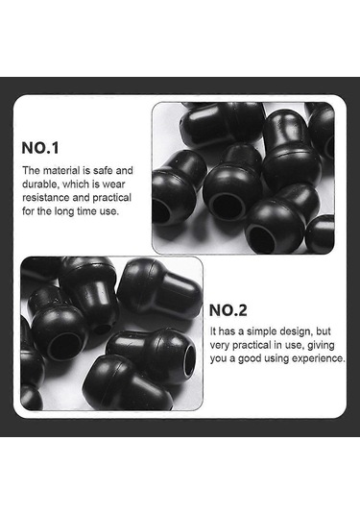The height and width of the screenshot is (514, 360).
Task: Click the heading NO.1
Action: (x=40, y=148)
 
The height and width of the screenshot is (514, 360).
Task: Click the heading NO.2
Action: (x=228, y=310)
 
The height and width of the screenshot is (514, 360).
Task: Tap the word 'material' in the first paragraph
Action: (x=61, y=170)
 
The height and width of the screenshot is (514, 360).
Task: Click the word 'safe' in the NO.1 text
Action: (x=103, y=170)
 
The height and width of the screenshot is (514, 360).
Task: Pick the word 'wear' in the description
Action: (x=113, y=184)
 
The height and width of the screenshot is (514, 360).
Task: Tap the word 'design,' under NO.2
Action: (x=296, y=331)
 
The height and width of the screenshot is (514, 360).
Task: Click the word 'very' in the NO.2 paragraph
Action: (x=220, y=346)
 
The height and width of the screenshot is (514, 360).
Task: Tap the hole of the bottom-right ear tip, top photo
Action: (x=261, y=238)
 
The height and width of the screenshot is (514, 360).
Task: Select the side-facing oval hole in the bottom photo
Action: (x=189, y=360)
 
